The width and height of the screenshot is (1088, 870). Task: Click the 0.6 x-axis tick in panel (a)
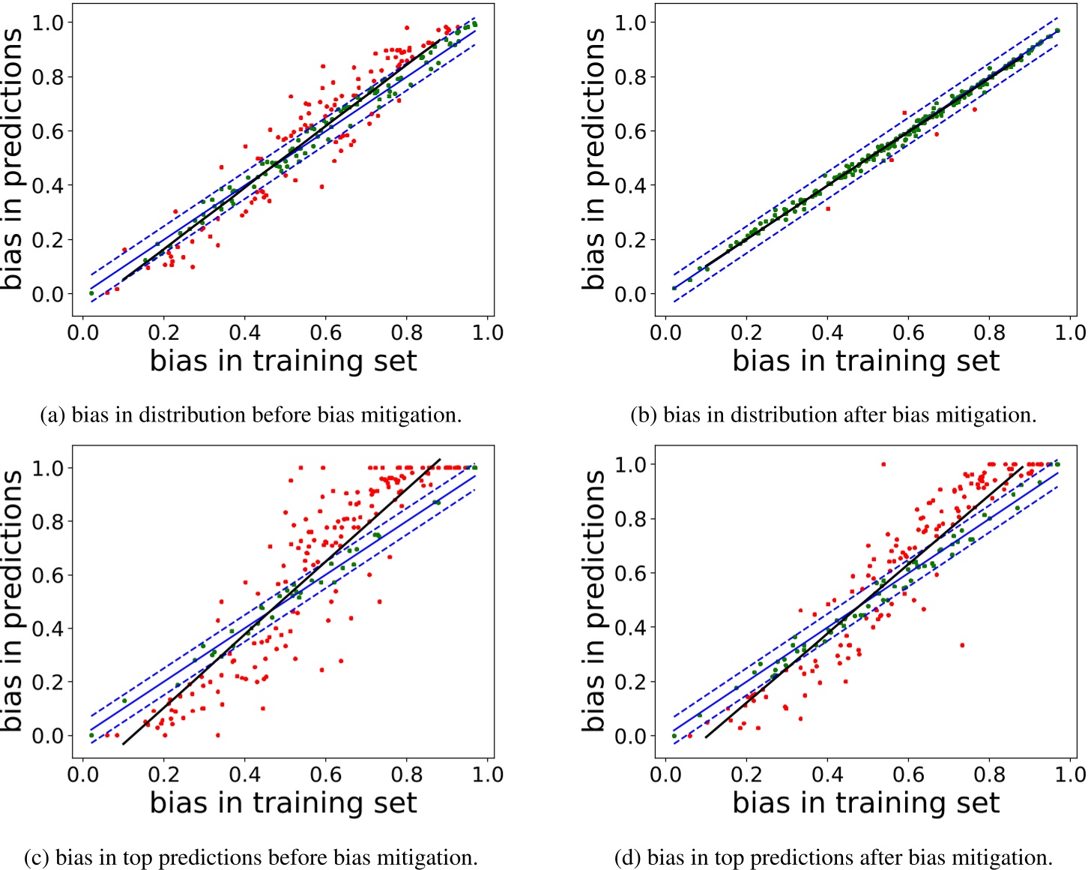pyautogui.click(x=326, y=332)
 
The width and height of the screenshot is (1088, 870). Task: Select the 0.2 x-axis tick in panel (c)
pyautogui.click(x=163, y=774)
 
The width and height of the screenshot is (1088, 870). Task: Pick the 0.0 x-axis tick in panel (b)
pyautogui.click(x=666, y=332)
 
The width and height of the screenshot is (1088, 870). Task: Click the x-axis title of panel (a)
pyautogui.click(x=282, y=361)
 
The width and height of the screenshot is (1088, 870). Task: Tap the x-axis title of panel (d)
pyautogui.click(x=865, y=802)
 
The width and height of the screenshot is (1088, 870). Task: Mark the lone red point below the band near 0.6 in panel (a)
pyautogui.click(x=322, y=187)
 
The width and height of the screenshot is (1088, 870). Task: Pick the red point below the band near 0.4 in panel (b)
pyautogui.click(x=828, y=208)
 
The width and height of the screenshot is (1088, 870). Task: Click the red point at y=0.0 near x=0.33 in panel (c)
pyautogui.click(x=218, y=735)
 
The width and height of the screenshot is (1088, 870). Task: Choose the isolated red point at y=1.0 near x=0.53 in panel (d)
pyautogui.click(x=883, y=464)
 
